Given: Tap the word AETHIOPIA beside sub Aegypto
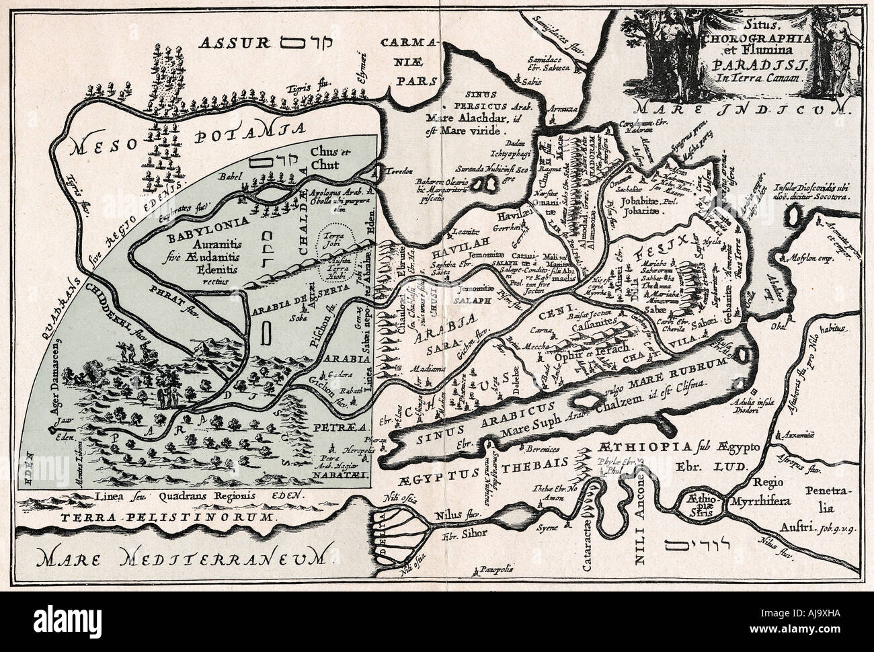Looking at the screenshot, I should click(x=637, y=448).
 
